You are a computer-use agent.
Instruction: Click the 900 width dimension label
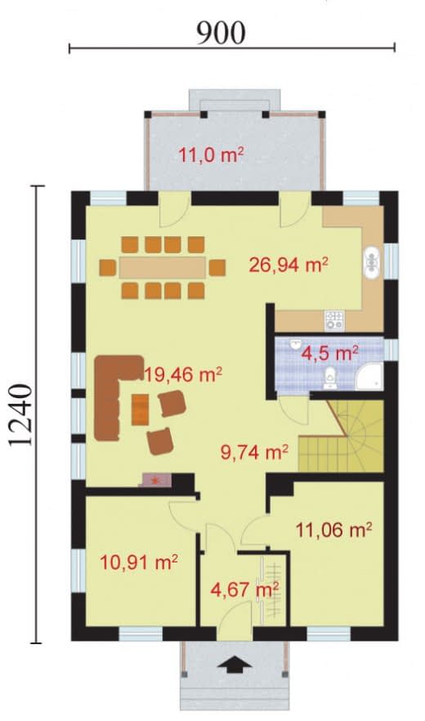coord(221,33)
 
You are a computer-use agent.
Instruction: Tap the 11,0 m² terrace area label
coord(211,155)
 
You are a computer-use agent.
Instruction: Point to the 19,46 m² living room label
coord(183,374)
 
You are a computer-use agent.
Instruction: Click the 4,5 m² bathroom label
coord(329,354)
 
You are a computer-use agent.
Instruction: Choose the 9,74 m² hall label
coord(254,452)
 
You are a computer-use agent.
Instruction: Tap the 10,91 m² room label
coord(139,562)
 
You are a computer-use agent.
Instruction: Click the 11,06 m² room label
coord(333,531)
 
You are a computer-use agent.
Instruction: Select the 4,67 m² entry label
coord(244,589)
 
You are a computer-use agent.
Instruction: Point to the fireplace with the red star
coord(156,481)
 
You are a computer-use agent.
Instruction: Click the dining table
coord(162,267)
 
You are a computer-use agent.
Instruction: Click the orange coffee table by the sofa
coord(141,410)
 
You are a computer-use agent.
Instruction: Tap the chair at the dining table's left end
coord(108,267)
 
